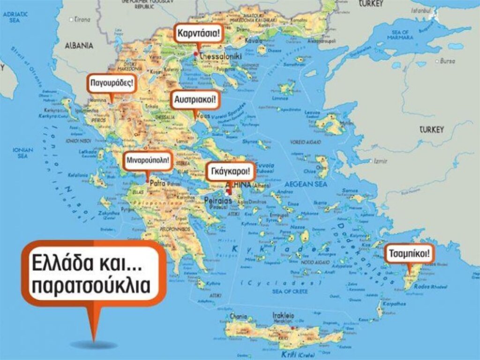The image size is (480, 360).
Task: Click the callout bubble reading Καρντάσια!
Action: coord(197,33)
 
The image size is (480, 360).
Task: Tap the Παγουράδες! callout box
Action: coord(112,84)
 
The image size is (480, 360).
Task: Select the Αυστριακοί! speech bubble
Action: coord(195,100)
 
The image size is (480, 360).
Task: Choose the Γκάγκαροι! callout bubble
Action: coord(231,171)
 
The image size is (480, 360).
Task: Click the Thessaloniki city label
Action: coord(220,56)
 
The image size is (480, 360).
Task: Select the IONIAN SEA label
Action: coord(23,152)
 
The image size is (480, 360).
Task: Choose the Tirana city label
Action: coord(82,20)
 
